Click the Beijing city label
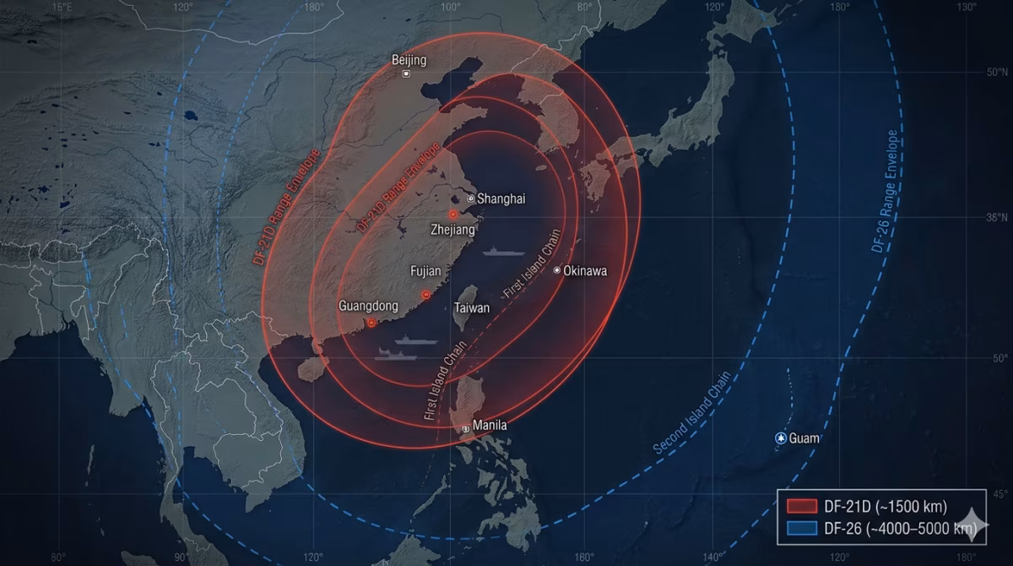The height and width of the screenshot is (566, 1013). (x=409, y=60)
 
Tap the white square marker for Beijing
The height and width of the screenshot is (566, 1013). (x=406, y=74)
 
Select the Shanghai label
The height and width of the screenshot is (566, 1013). (x=501, y=199)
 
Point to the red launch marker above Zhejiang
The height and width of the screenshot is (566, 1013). (x=453, y=215)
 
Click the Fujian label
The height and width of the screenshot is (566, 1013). (x=425, y=271)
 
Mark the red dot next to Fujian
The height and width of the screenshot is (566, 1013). (x=425, y=295)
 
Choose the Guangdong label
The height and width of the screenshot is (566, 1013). (x=369, y=306)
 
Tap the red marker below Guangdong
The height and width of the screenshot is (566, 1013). (x=371, y=323)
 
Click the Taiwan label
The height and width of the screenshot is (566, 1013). (x=472, y=307)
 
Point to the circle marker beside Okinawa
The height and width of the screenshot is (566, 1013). (x=557, y=270)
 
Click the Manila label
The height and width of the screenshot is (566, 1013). (x=490, y=426)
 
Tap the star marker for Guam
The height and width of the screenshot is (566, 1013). (x=781, y=438)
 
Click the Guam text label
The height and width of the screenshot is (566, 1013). (x=804, y=438)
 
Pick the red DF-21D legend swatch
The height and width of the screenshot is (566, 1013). (x=801, y=507)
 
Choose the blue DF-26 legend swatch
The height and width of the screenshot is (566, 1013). (x=801, y=529)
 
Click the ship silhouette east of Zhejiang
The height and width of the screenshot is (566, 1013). (x=504, y=252)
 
